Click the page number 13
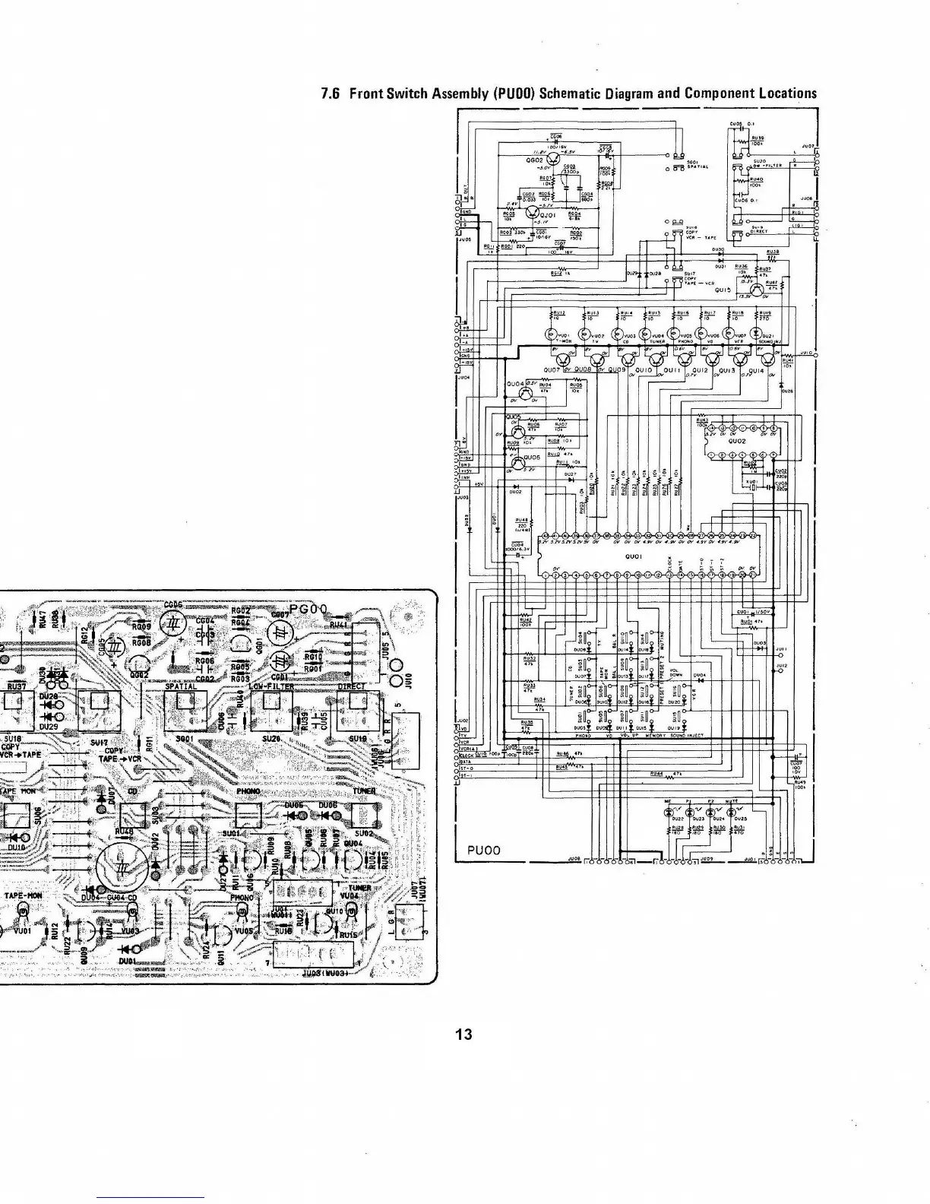pyautogui.click(x=463, y=1034)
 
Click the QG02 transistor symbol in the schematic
pyautogui.click(x=555, y=160)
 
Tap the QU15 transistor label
pyautogui.click(x=722, y=290)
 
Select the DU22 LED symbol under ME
pyautogui.click(x=669, y=812)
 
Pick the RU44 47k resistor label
pyautogui.click(x=656, y=773)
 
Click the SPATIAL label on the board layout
pyautogui.click(x=181, y=686)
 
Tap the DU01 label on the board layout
pyautogui.click(x=127, y=961)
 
